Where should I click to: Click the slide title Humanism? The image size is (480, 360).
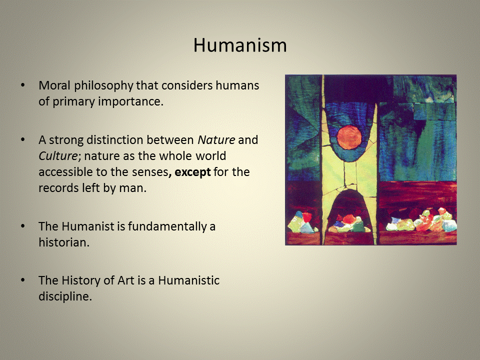(240, 45)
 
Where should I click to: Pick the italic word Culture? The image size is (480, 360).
(56, 156)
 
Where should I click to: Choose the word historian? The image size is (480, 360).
(63, 243)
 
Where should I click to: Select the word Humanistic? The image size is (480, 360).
(189, 280)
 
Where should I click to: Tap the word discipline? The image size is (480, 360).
(65, 297)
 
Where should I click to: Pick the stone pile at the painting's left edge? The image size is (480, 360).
(300, 222)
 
